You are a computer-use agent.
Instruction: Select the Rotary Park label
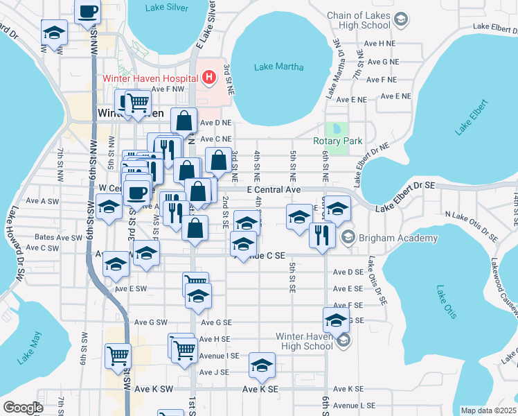point(343,141)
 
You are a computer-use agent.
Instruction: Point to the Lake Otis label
point(446,302)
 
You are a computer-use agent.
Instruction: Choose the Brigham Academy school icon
point(348,238)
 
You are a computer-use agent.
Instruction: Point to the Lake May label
point(30,349)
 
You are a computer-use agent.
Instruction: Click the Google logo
point(23,408)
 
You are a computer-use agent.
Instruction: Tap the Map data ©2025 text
point(488,410)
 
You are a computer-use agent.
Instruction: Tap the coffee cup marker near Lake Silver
point(88,12)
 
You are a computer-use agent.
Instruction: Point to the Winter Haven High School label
point(304,341)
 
